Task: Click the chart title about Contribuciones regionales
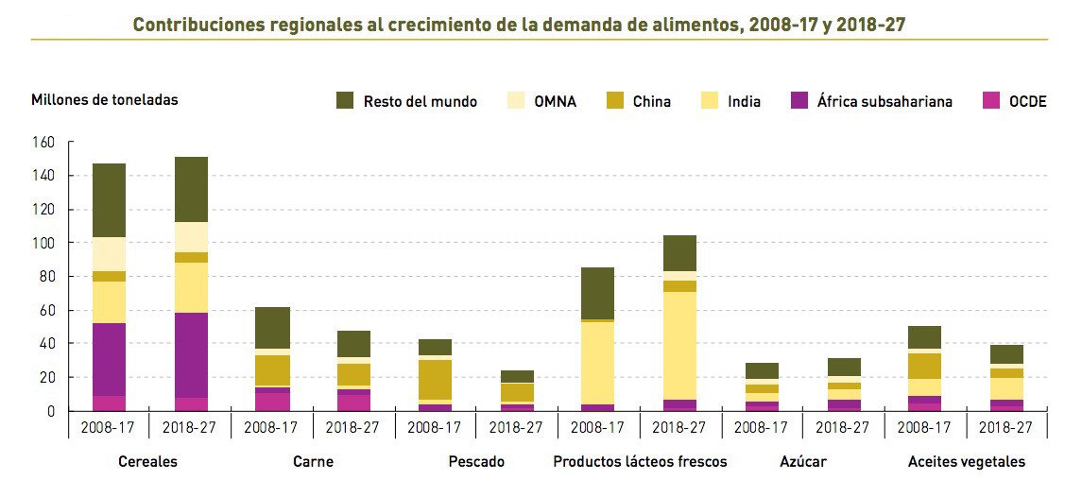point(519,25)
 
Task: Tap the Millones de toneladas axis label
point(104,99)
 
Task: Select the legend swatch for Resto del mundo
point(345,101)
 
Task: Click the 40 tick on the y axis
point(47,344)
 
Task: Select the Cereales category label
point(148,462)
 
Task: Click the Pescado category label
point(476,462)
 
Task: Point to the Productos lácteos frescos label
point(640,462)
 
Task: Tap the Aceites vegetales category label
point(966,462)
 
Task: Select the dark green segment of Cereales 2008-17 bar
point(109,200)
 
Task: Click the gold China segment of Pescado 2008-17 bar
point(436,380)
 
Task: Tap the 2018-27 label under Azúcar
point(843,427)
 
